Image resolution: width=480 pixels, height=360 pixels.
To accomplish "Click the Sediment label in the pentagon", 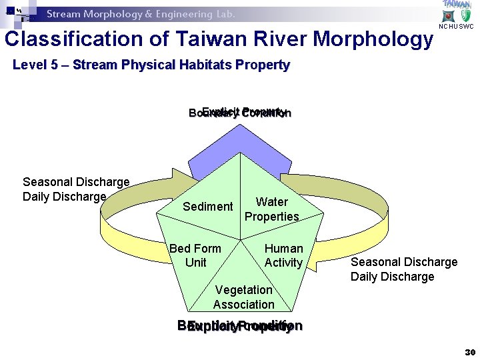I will tap(208, 207).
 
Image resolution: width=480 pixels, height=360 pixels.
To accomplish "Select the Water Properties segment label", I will tap(271, 209).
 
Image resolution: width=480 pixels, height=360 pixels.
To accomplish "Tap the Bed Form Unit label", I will tap(195, 255).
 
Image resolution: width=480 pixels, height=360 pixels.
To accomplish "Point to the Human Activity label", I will tap(283, 255).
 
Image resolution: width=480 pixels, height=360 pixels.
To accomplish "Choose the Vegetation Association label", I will tap(243, 297).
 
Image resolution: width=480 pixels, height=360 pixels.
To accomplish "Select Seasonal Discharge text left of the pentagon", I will tap(76, 182).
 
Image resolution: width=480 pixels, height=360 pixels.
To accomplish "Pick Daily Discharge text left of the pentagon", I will tap(65, 197).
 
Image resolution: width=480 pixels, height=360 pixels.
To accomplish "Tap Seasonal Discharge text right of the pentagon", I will tap(404, 262).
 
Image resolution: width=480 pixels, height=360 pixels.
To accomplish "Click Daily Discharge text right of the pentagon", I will tap(392, 277).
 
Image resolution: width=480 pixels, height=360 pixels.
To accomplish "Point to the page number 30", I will tap(469, 351).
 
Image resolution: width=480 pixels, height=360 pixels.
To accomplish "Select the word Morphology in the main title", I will tap(373, 39).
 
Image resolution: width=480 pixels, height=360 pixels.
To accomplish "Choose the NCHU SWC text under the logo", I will tap(456, 27).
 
